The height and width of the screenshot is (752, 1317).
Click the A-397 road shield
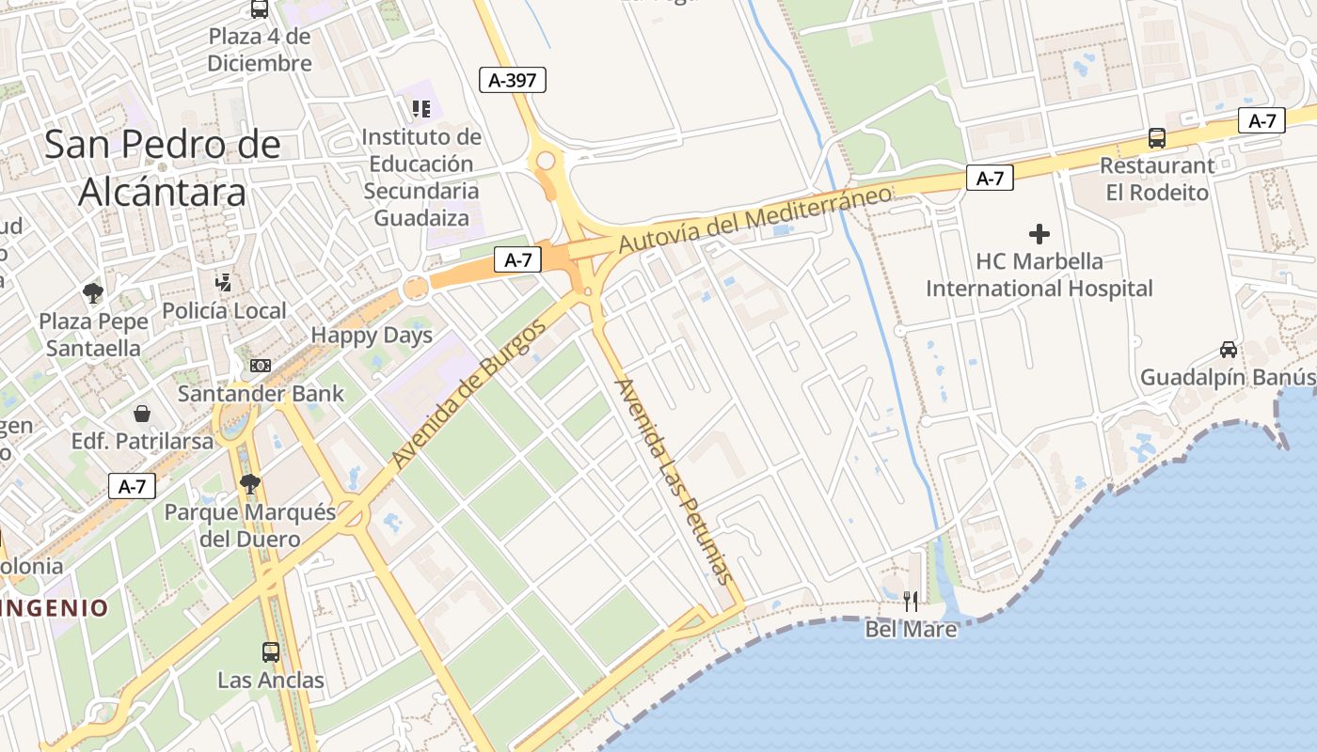pyautogui.click(x=512, y=80)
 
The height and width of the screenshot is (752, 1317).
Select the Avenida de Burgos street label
pyautogui.click(x=468, y=396)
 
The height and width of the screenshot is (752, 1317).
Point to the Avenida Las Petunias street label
pyautogui.click(x=673, y=480)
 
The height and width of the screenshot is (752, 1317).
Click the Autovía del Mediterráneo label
pyautogui.click(x=754, y=219)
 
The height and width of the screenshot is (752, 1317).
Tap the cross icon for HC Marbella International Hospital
pyautogui.click(x=1039, y=234)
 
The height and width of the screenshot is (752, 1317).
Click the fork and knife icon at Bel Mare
pyautogui.click(x=911, y=601)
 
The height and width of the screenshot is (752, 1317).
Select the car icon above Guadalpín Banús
pyautogui.click(x=1229, y=350)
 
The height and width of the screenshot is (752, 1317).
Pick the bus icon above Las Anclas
pyautogui.click(x=271, y=651)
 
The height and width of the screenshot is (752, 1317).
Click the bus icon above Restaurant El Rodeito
pyautogui.click(x=1157, y=138)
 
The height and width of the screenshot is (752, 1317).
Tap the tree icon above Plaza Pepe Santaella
pyautogui.click(x=93, y=293)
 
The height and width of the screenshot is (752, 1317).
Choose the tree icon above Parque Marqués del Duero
pyautogui.click(x=249, y=484)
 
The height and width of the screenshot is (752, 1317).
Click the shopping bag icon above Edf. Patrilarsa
pyautogui.click(x=142, y=414)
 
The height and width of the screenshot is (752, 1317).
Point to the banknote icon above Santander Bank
pyautogui.click(x=261, y=366)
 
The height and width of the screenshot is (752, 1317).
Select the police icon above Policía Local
pyautogui.click(x=224, y=282)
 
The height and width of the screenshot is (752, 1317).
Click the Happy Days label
pyautogui.click(x=372, y=336)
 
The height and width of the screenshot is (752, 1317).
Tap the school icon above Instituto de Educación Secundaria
pyautogui.click(x=421, y=109)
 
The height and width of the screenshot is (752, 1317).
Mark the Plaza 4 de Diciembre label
pyautogui.click(x=260, y=50)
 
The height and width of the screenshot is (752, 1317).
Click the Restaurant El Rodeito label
pyautogui.click(x=1157, y=179)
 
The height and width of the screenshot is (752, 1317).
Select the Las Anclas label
pyautogui.click(x=271, y=680)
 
